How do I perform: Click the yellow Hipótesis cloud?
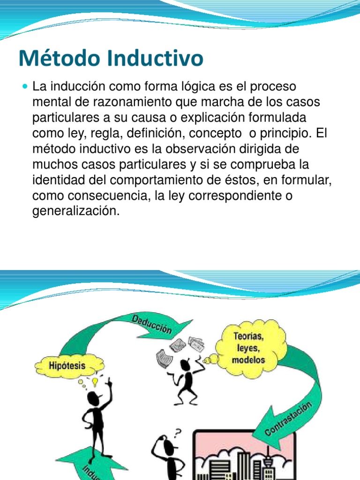pyautogui.click(x=67, y=365)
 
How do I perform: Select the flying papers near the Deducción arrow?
pyautogui.click(x=180, y=349)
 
